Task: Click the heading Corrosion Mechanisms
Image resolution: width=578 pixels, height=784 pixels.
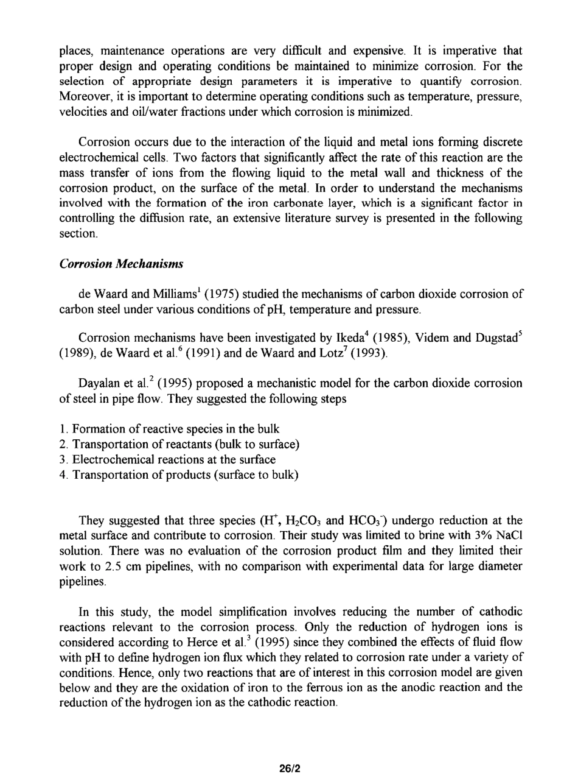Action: pos(121,264)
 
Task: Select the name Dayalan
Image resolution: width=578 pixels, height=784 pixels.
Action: pos(99,384)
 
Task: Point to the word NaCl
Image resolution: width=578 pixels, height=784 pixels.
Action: pos(510,536)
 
